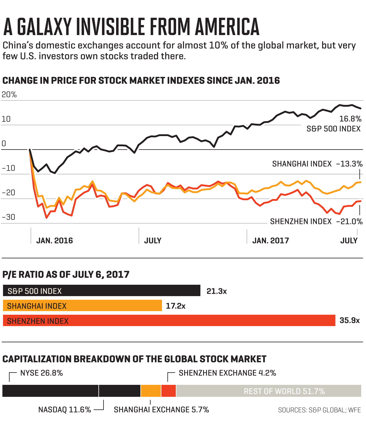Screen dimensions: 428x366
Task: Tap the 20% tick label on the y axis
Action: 9,95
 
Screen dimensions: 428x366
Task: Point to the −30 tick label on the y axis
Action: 8,217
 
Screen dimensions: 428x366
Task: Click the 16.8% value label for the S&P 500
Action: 350,119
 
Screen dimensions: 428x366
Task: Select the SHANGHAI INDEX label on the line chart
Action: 302,164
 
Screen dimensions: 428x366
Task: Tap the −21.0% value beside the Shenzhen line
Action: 349,221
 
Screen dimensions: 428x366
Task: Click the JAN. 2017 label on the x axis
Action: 271,241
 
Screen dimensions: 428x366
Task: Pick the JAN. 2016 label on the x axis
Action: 55,241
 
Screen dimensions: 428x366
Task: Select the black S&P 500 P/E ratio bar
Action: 101,291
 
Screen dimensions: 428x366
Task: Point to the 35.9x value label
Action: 349,320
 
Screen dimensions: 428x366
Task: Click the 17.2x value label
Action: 176,306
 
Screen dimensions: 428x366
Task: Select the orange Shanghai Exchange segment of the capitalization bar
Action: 151,391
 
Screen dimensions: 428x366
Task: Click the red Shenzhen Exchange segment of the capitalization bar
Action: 169,391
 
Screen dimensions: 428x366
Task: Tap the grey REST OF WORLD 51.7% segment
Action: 284,391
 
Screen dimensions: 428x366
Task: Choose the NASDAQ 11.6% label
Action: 64,410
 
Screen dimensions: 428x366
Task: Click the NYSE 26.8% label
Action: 42,373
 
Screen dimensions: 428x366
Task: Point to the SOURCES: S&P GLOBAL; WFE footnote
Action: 319,410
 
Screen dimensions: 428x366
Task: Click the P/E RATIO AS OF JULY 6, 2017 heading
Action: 66,275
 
